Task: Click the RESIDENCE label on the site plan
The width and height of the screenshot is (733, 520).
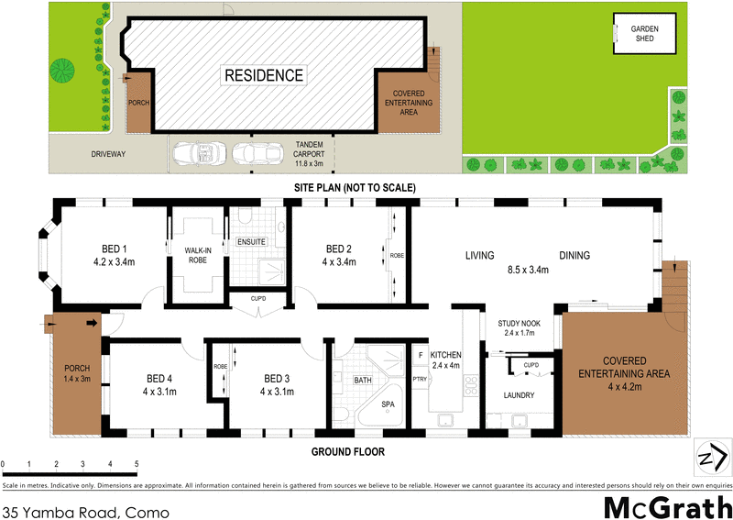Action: pyautogui.click(x=264, y=75)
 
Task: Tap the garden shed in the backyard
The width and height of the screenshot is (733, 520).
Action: pyautogui.click(x=644, y=35)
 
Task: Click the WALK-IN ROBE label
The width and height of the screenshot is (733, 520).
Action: pyautogui.click(x=197, y=253)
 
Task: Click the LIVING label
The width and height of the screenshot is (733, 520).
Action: pyautogui.click(x=479, y=256)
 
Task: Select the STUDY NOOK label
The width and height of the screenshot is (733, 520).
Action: pyautogui.click(x=524, y=324)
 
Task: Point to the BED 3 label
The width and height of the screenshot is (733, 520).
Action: pyautogui.click(x=277, y=378)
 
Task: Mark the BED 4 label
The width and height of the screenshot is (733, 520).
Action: pyautogui.click(x=159, y=378)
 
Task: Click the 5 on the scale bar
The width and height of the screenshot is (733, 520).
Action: pyautogui.click(x=137, y=465)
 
